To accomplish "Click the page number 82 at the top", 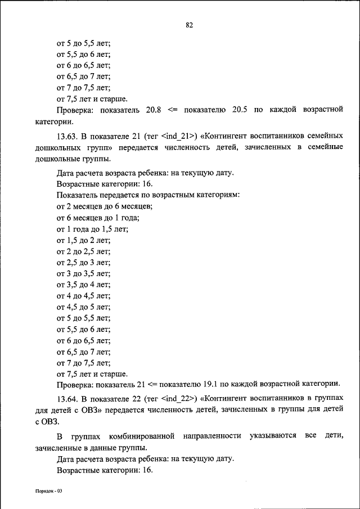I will [189, 25].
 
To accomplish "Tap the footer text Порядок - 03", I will [48, 491].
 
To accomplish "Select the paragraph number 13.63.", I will [67, 136].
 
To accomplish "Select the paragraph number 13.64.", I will [67, 399].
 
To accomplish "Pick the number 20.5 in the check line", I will [239, 110].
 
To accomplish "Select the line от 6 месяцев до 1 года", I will [98, 218].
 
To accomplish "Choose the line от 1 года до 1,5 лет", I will [92, 229].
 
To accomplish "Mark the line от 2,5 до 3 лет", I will [83, 263].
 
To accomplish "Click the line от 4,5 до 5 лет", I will [83, 307].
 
